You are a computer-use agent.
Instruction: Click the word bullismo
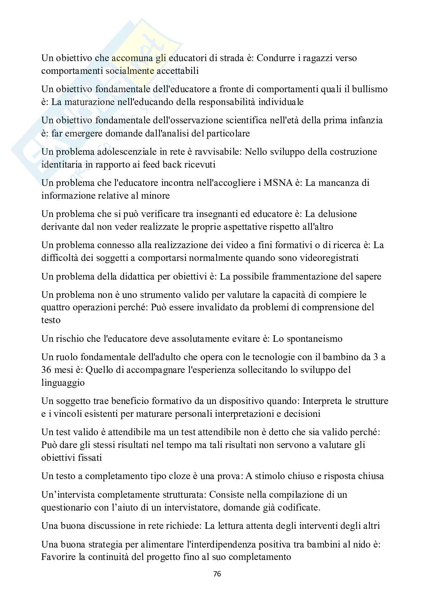[369, 89]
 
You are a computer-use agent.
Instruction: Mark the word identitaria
[62, 164]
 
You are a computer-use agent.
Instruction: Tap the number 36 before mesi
[47, 370]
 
